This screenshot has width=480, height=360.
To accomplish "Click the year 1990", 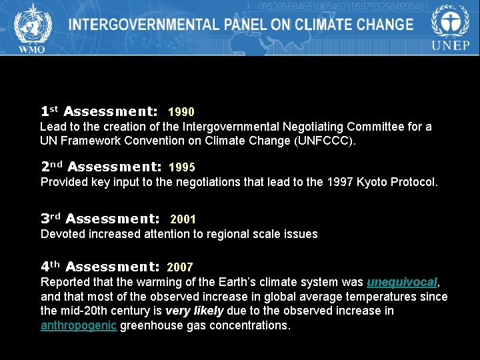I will (x=181, y=112).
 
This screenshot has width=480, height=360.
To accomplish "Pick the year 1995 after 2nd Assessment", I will (x=182, y=167).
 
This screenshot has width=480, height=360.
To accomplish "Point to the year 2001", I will (x=183, y=219).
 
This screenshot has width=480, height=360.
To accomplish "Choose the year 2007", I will (x=180, y=267).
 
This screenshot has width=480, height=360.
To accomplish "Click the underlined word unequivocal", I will (x=402, y=281).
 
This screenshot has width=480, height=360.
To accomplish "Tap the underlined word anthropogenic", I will (x=79, y=325).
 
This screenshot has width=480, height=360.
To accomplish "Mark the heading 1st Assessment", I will (x=99, y=111).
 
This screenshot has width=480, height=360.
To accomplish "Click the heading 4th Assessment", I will (x=100, y=267).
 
